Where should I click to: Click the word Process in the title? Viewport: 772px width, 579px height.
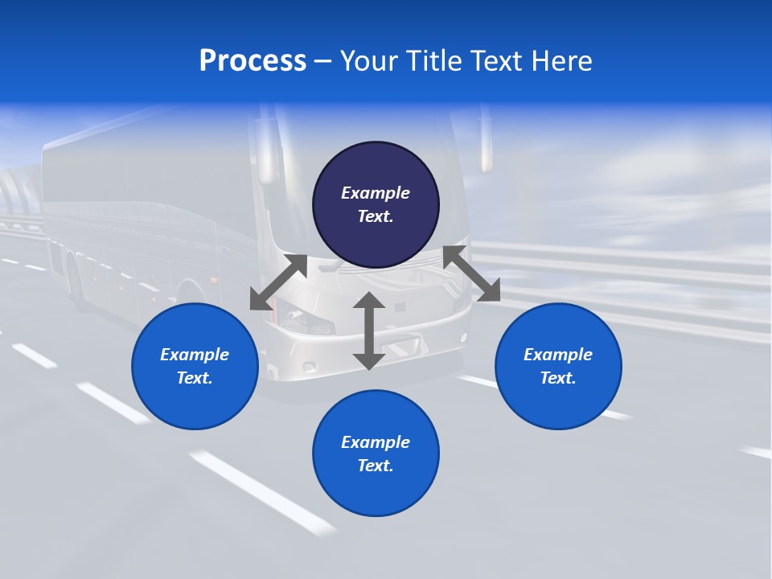pos(253,61)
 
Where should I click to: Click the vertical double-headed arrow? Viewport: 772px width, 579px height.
pos(369,331)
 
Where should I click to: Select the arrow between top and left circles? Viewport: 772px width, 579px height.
pos(278,282)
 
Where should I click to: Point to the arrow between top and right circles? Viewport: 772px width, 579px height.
pos(471,274)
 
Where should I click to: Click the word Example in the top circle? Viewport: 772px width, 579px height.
pos(376,193)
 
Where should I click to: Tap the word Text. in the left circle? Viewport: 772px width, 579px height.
pos(195,378)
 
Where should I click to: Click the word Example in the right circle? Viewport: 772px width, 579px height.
pos(558,355)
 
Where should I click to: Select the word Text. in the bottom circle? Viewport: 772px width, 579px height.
pos(376,466)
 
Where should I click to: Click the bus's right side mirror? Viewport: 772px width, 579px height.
pos(486,145)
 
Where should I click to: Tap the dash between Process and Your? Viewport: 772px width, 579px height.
pos(323,61)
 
